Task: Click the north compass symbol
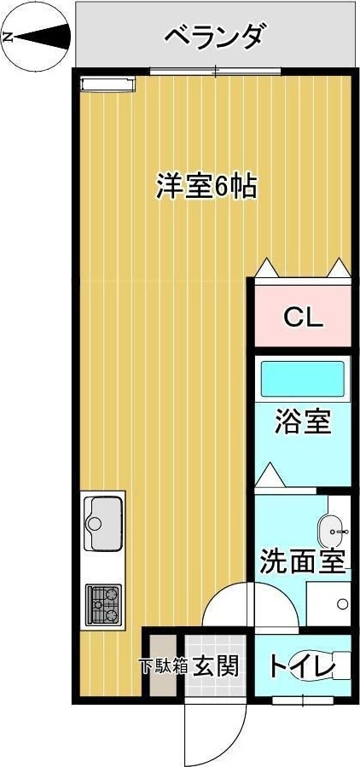37,37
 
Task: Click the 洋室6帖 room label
206,186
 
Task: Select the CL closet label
303,318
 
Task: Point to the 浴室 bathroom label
303,421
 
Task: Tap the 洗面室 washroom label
302,562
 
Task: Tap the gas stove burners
104,604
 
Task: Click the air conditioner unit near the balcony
107,84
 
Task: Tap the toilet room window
303,700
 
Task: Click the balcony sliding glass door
215,71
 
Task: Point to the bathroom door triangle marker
270,474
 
